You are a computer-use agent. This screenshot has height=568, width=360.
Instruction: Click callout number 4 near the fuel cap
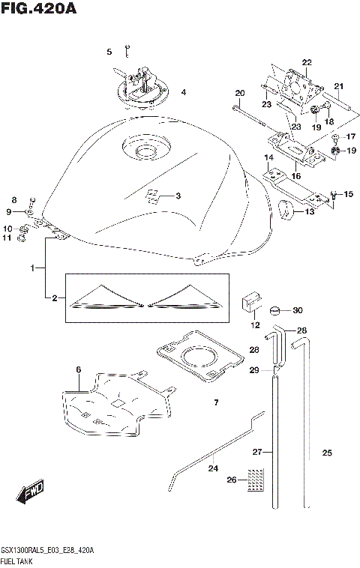[182, 94]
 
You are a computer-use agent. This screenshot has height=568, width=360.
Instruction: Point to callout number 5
[109, 52]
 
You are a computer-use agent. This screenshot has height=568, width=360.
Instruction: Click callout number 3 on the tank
[178, 197]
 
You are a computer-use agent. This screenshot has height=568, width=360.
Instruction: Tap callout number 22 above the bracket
[306, 61]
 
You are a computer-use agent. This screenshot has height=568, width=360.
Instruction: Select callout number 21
[338, 85]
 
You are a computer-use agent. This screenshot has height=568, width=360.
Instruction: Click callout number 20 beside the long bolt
[240, 94]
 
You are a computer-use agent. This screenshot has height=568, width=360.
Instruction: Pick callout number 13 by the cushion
[310, 212]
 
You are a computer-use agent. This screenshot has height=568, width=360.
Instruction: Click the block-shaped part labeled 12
[249, 304]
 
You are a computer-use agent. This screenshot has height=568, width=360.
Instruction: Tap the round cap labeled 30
[274, 310]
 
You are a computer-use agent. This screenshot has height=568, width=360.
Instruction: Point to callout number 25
[326, 453]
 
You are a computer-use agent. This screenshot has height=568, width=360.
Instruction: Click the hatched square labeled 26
[257, 477]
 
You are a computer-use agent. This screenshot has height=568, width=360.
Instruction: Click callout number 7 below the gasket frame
[215, 403]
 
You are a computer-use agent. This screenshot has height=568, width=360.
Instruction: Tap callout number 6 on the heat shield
[77, 369]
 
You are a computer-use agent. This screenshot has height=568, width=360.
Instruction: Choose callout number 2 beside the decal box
[54, 298]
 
